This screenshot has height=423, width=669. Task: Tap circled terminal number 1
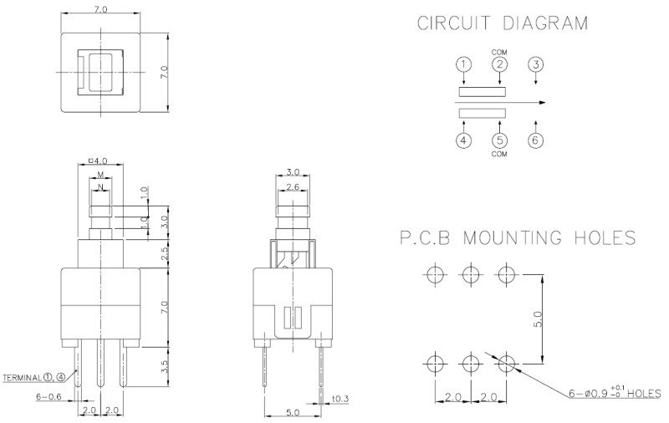[465, 64]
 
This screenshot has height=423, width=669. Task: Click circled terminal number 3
[536, 64]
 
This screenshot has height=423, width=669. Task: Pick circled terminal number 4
[465, 140]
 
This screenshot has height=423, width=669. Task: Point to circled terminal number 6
[536, 140]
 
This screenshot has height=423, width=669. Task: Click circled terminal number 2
[500, 64]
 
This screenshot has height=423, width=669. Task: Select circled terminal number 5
[500, 140]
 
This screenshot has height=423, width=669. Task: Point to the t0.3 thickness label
[340, 399]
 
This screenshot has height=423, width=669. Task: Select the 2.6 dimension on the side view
[293, 187]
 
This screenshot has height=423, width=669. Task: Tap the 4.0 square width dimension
[99, 160]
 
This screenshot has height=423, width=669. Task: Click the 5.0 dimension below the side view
[293, 411]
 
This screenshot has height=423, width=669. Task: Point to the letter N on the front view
[100, 185]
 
